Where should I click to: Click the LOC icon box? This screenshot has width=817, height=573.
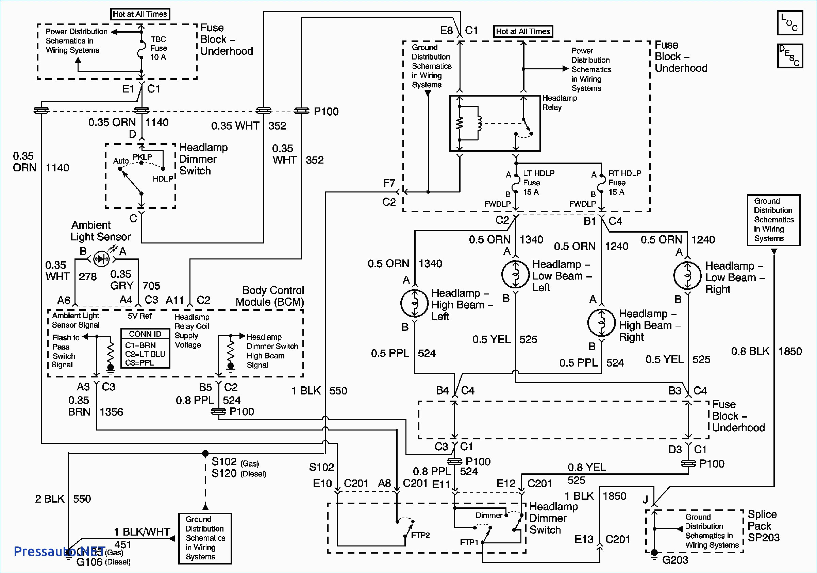click(789, 23)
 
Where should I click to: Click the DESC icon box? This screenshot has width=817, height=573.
click(789, 56)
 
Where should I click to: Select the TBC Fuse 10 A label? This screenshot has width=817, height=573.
click(159, 48)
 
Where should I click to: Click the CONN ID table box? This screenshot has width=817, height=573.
click(145, 348)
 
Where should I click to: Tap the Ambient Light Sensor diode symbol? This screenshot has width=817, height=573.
click(101, 259)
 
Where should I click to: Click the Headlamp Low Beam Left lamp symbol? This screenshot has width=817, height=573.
click(515, 274)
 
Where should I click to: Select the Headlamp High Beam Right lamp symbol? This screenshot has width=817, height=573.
click(601, 323)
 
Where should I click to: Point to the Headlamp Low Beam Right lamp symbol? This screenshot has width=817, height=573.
click(687, 276)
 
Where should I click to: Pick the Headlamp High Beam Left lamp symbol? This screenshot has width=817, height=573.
click(415, 303)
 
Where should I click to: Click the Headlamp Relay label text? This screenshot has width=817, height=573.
click(559, 102)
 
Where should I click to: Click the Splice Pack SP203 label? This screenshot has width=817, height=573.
click(763, 526)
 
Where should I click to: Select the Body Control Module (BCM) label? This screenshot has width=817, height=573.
click(270, 296)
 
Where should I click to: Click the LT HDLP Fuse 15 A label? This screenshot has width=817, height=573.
click(538, 183)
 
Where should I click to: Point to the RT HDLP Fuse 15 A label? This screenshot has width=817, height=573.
click(624, 183)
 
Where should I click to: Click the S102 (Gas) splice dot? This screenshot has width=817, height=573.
click(205, 454)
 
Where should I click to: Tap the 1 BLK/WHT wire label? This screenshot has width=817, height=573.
click(141, 532)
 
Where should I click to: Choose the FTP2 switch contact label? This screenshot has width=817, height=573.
click(420, 535)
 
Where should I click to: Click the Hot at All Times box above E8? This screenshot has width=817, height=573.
click(523, 31)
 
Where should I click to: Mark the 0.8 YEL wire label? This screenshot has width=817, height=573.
click(586, 467)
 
